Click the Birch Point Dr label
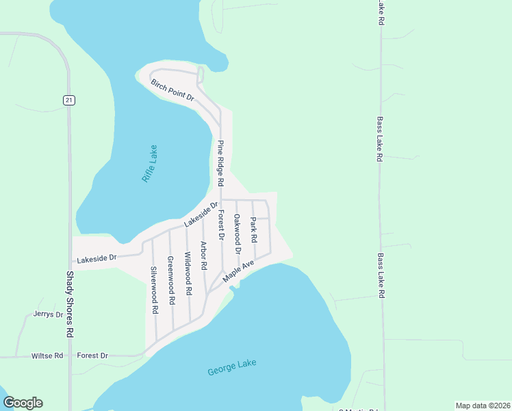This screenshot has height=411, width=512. (x=172, y=90)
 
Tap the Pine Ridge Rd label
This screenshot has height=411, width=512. (x=220, y=164)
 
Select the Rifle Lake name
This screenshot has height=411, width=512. (x=150, y=163)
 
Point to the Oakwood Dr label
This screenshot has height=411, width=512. (x=237, y=234)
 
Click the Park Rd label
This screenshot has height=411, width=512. (x=253, y=230)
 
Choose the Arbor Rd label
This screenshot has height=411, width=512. (x=203, y=255)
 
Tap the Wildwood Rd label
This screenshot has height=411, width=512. (x=188, y=269)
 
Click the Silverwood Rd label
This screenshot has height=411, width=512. (x=155, y=290)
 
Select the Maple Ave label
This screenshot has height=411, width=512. (x=239, y=269)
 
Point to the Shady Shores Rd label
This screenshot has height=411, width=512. (x=69, y=303)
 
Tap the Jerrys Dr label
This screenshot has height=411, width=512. (x=48, y=314)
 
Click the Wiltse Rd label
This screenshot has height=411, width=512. (x=47, y=356)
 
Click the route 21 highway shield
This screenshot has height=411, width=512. (x=68, y=100)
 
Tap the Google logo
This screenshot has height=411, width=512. (x=23, y=403)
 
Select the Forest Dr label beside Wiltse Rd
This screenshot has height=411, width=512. (x=92, y=356)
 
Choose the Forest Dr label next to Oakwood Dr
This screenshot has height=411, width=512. (x=220, y=225)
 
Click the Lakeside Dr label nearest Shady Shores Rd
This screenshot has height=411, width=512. (x=97, y=258)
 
